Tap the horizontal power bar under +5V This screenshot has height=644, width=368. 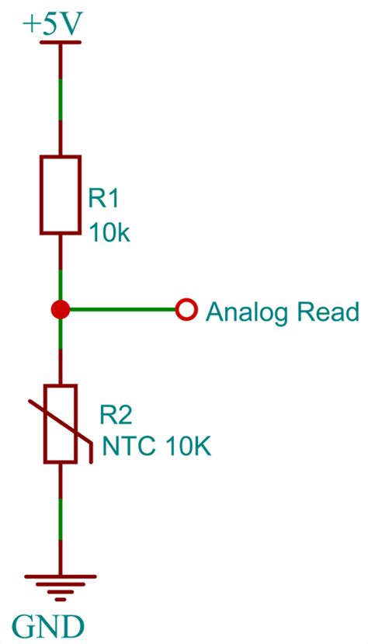click(x=61, y=44)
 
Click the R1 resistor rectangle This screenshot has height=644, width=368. click(x=61, y=194)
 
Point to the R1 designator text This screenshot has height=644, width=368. click(x=104, y=199)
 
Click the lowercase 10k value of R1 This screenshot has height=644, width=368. click(x=109, y=232)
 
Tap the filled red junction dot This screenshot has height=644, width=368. click(x=61, y=310)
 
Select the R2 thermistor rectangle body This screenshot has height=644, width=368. click(x=61, y=423)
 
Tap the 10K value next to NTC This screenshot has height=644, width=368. click(x=187, y=448)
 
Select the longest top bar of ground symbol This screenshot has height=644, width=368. click(x=61, y=577)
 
